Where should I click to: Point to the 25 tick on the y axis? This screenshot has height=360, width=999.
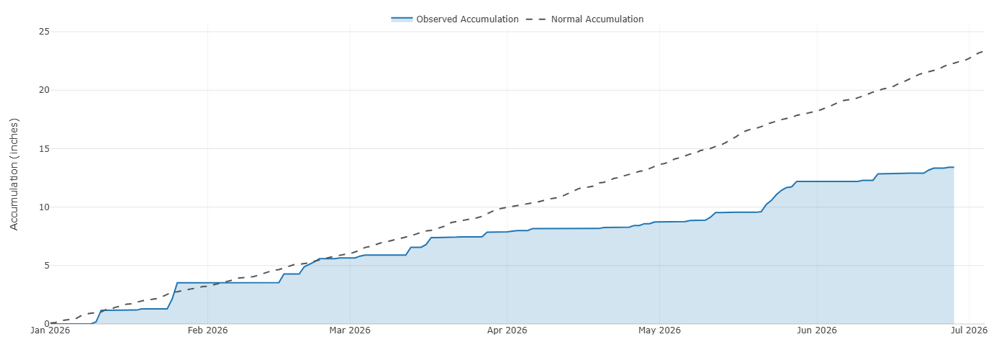point(44,32)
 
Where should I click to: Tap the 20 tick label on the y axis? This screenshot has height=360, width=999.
point(44,90)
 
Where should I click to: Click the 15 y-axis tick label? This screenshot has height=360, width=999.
point(44,148)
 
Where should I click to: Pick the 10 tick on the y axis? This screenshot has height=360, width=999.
point(44,207)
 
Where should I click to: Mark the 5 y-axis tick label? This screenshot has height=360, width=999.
point(46,266)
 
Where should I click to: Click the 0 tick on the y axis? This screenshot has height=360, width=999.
point(46,324)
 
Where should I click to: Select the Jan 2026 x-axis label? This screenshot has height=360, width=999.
point(50,330)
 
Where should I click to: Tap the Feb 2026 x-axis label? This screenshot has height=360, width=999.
point(207,330)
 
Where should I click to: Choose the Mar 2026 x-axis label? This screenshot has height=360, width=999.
point(350,330)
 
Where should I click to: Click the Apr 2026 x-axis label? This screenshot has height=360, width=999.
point(507,330)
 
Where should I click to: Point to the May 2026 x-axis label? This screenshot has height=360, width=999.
point(659,330)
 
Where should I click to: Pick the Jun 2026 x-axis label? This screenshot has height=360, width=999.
point(817,330)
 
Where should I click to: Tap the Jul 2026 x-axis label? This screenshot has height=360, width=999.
point(969,330)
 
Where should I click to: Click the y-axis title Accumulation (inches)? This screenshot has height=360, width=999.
point(14,174)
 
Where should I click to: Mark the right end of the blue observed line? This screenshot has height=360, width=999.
point(954,167)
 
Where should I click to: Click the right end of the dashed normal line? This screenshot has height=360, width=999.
point(984,51)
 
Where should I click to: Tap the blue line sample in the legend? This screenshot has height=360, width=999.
point(402,19)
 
